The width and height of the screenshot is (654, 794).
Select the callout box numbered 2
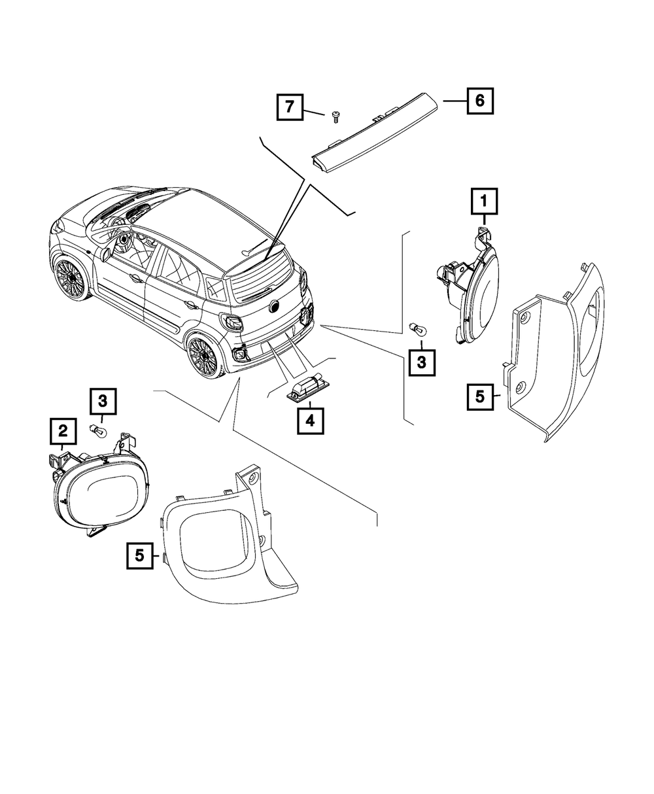pyautogui.click(x=63, y=430)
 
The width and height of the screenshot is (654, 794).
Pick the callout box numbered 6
pyautogui.click(x=479, y=101)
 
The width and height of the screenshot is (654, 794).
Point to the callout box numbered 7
pyautogui.click(x=290, y=107)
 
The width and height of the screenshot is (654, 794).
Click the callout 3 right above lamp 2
pyautogui.click(x=103, y=400)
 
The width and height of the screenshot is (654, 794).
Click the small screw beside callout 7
pyautogui.click(x=336, y=117)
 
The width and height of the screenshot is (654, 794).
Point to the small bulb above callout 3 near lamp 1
pyautogui.click(x=415, y=327)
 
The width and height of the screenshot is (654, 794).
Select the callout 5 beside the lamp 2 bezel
pyautogui.click(x=140, y=555)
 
